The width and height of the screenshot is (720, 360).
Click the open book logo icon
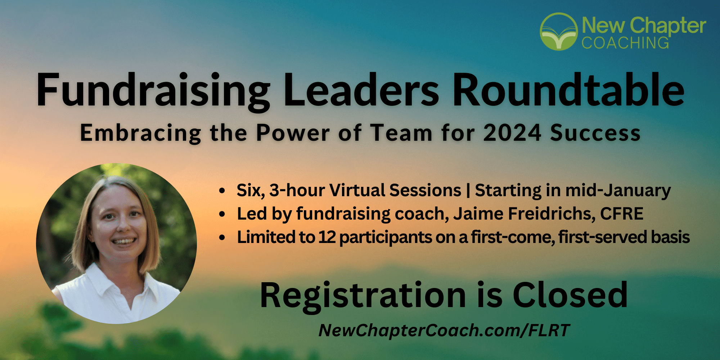tap(559, 32)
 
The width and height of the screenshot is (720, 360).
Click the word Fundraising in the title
tap(153, 91)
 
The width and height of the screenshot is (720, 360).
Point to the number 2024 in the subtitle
tap(512, 133)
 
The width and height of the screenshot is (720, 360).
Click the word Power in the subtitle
tap(293, 133)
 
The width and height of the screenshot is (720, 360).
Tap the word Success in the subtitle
tap(595, 133)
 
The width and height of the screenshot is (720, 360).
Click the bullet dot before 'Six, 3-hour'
tap(222, 191)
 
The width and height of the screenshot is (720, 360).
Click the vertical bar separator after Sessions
tap(468, 190)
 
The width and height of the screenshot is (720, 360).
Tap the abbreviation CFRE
tap(622, 213)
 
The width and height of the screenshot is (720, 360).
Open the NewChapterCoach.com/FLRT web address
tap(444, 330)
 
